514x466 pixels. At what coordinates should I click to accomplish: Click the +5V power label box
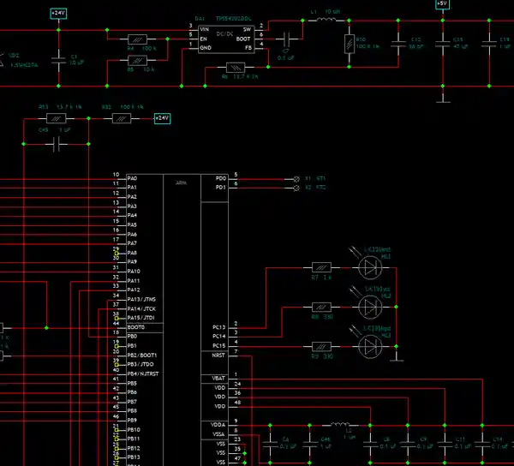point(441,4)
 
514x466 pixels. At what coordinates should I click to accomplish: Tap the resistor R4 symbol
point(137,39)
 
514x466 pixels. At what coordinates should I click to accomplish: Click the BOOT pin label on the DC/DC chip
point(244,39)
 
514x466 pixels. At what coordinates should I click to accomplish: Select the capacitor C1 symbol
point(58,59)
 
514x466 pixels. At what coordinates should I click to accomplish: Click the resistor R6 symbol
point(234,68)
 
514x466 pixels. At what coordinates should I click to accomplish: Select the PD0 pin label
point(220,177)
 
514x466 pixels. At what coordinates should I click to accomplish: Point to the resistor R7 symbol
point(321,269)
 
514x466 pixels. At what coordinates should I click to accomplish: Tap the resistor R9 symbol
point(321,346)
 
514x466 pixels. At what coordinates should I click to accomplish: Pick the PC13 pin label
point(218,327)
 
